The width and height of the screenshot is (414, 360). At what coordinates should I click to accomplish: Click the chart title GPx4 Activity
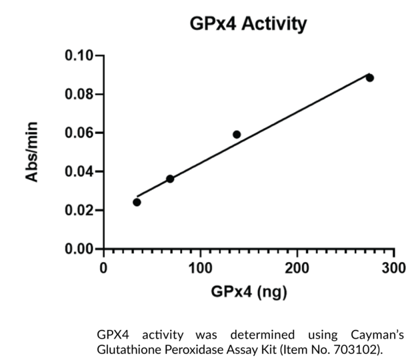pyautogui.click(x=249, y=25)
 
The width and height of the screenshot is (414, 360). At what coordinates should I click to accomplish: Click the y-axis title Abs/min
pyautogui.click(x=33, y=152)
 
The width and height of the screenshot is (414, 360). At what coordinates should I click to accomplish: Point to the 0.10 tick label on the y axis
pyautogui.click(x=79, y=55)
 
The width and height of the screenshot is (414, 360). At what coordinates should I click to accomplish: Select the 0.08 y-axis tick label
pyautogui.click(x=79, y=94)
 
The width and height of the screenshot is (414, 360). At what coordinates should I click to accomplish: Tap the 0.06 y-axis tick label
pyautogui.click(x=79, y=133)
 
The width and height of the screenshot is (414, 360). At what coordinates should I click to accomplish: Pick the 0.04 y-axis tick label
pyautogui.click(x=79, y=171)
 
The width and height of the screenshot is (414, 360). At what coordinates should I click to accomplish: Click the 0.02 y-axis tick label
pyautogui.click(x=79, y=210)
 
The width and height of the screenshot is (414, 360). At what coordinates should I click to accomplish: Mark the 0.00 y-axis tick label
pyautogui.click(x=79, y=249)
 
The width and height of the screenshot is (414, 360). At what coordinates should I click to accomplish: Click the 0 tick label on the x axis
pyautogui.click(x=103, y=268)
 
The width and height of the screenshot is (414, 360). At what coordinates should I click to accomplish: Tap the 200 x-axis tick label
pyautogui.click(x=297, y=268)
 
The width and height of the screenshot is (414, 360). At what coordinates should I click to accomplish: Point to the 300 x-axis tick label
pyautogui.click(x=393, y=268)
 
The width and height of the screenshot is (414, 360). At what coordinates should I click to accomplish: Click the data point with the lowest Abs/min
pyautogui.click(x=137, y=202)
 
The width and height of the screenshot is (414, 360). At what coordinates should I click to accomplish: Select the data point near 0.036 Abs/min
pyautogui.click(x=170, y=179)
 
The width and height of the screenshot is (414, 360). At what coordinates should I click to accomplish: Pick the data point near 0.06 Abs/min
pyautogui.click(x=237, y=135)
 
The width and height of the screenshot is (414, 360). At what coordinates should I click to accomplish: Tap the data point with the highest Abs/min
pyautogui.click(x=369, y=78)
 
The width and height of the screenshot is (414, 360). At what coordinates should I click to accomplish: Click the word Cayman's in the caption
pyautogui.click(x=377, y=333)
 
